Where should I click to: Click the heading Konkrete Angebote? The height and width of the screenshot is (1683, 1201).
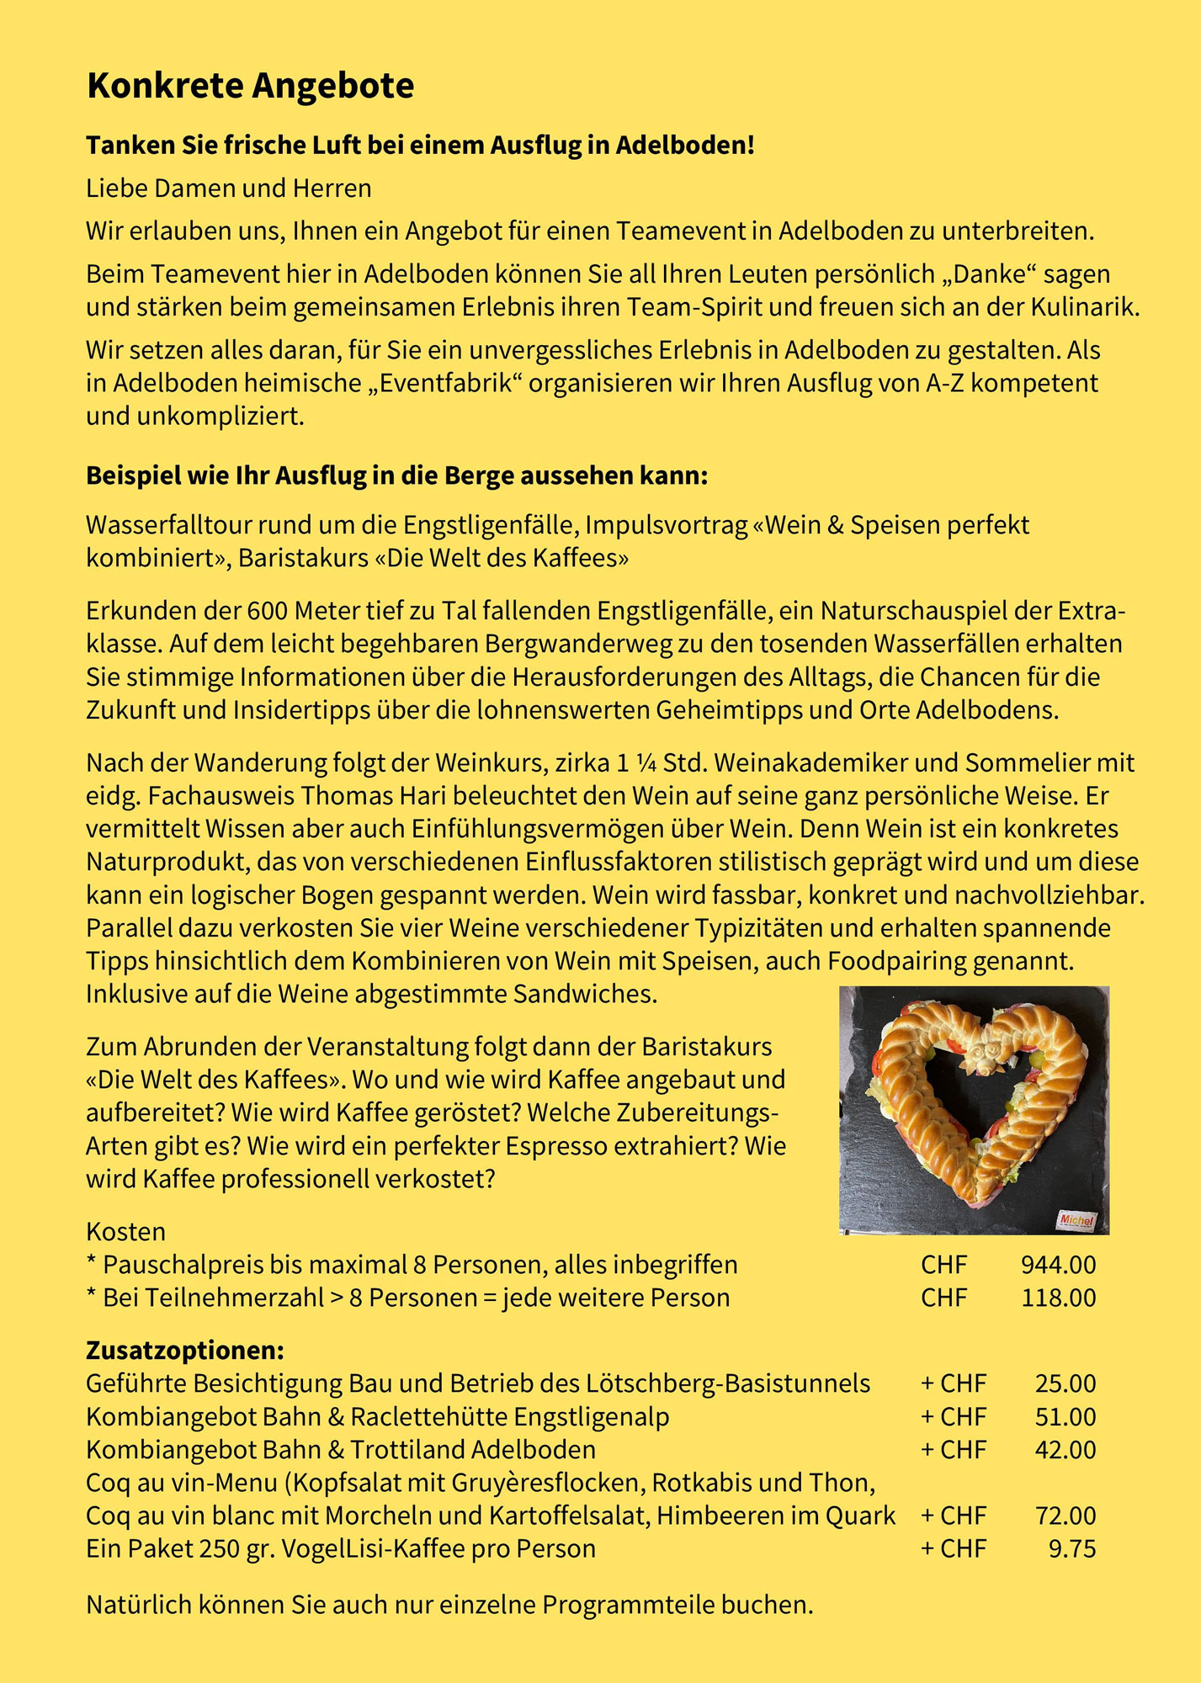[x=250, y=86]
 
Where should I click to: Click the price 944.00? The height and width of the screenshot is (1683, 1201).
[x=1058, y=1265]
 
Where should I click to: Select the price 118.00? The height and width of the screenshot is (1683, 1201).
[x=1058, y=1298]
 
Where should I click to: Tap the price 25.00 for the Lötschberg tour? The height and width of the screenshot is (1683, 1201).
[x=1065, y=1383]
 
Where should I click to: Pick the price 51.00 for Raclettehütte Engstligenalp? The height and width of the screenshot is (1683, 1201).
[x=1065, y=1416]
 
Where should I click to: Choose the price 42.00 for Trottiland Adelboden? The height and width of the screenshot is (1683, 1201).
[x=1065, y=1449]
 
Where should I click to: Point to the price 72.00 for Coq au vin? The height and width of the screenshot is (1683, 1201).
[x=1065, y=1516]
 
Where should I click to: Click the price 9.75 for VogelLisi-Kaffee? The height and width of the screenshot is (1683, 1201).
[x=1071, y=1548]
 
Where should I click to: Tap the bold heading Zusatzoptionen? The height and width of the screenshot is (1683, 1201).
[x=185, y=1351]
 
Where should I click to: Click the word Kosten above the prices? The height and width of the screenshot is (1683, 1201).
[x=125, y=1232]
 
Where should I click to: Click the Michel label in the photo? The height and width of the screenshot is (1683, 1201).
[x=1076, y=1219]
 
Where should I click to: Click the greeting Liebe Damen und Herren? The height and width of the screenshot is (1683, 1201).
[x=228, y=188]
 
